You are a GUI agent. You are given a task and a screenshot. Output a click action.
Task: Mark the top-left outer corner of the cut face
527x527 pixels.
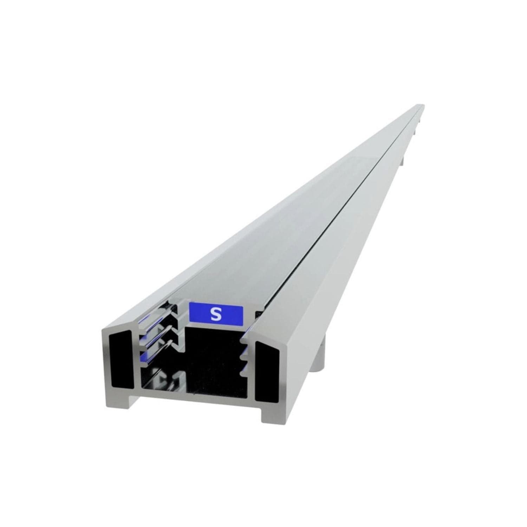pyautogui.click(x=103, y=330)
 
